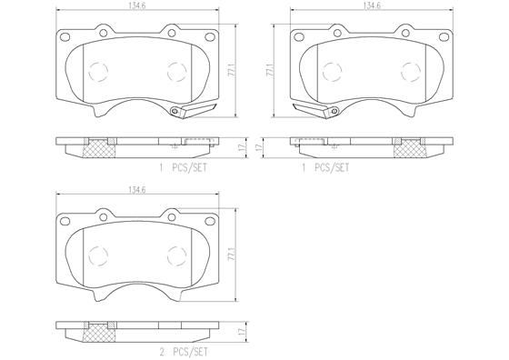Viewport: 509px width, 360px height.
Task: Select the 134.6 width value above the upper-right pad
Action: tap(372, 5)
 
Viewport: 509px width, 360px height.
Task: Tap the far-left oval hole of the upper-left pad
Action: tap(64, 38)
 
